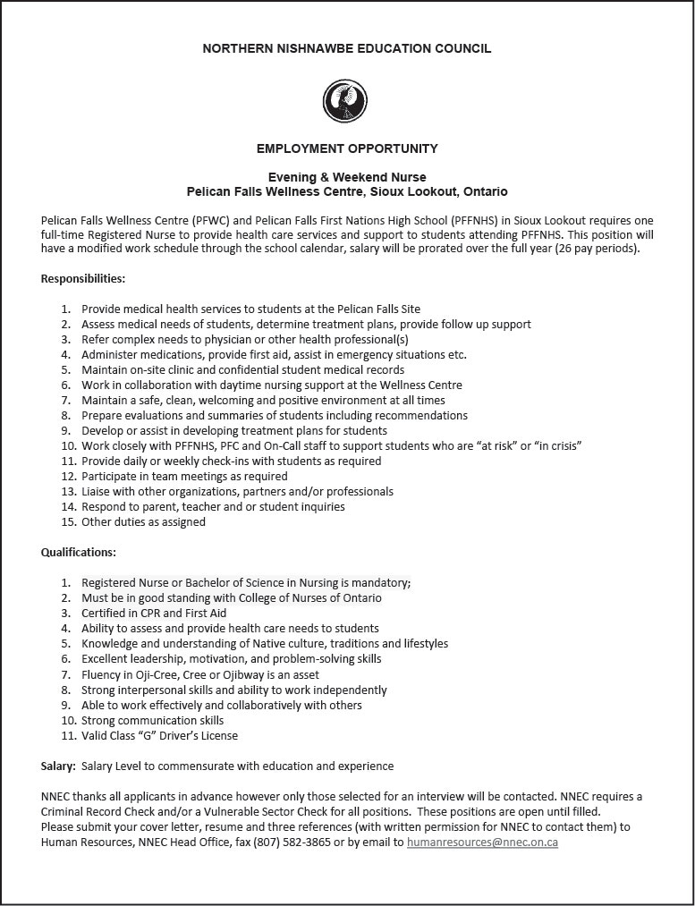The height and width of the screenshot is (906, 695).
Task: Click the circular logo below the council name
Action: (347, 99)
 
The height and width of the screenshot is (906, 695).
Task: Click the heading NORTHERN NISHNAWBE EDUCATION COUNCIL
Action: (347, 48)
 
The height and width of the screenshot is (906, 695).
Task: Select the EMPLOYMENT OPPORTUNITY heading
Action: (347, 148)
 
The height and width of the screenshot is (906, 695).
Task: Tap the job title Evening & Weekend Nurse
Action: (347, 177)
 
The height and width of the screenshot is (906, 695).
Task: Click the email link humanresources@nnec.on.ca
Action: (482, 842)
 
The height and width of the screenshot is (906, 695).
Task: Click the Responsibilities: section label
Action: (83, 278)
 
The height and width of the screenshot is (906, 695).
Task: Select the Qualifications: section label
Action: (79, 552)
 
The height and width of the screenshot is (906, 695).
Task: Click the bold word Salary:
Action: (58, 766)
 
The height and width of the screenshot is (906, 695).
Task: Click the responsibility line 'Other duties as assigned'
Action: (143, 521)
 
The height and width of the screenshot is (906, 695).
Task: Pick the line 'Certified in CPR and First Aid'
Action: (154, 613)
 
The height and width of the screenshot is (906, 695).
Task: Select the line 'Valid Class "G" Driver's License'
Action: (159, 735)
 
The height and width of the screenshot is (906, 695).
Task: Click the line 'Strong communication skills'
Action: (153, 720)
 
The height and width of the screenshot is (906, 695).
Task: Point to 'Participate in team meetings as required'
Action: (184, 476)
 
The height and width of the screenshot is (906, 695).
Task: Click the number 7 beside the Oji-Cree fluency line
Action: (66, 674)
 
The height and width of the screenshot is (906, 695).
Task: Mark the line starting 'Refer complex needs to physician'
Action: (244, 339)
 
